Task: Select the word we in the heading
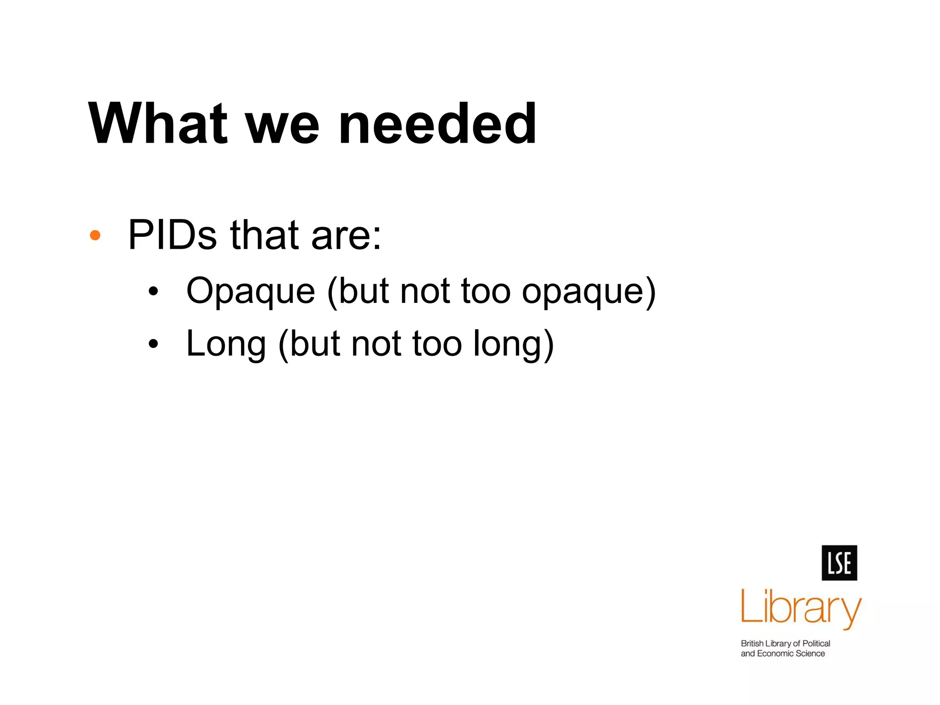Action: click(x=282, y=126)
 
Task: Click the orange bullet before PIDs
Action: click(x=95, y=235)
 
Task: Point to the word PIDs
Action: click(x=172, y=235)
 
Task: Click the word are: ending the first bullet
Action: click(x=346, y=236)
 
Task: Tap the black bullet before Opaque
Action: click(x=153, y=291)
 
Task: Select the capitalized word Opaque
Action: click(x=251, y=292)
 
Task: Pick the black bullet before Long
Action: click(x=153, y=344)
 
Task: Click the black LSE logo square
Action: click(x=839, y=563)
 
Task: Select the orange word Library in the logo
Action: click(x=801, y=608)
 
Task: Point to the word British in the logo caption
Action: click(x=752, y=643)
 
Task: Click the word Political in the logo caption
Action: click(x=816, y=643)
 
